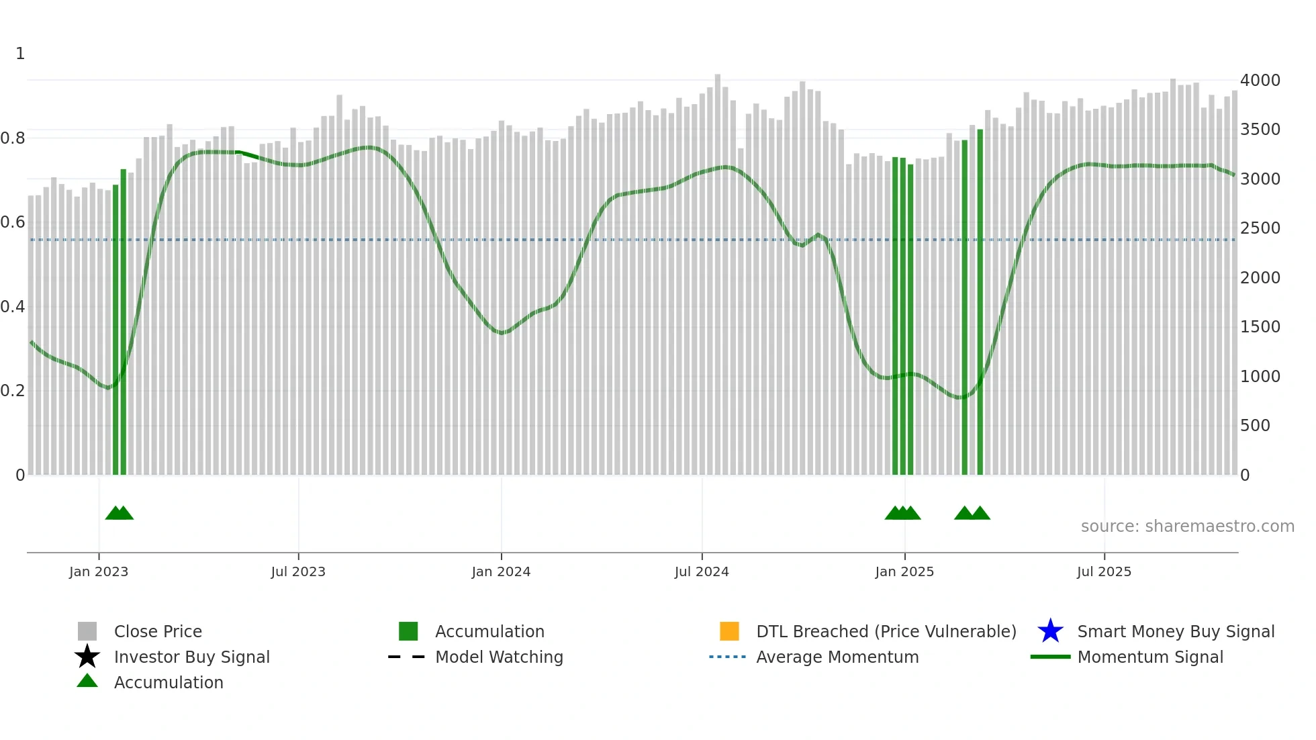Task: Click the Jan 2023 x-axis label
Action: coord(99,571)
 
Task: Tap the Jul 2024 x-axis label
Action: coord(702,571)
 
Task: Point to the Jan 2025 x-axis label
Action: coord(904,571)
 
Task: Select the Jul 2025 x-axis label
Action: coord(1104,571)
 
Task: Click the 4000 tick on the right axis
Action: coord(1260,81)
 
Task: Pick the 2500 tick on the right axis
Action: coord(1260,228)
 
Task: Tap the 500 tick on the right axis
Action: coord(1255,426)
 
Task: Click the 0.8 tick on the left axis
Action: coord(13,138)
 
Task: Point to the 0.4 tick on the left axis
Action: coord(13,307)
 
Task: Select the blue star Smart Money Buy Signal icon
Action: coord(1050,631)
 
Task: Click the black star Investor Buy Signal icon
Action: coord(87,657)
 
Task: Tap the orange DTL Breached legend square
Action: coord(729,631)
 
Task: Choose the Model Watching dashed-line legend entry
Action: coord(407,657)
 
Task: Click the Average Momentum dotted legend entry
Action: coord(728,657)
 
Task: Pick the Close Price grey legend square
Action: coord(87,631)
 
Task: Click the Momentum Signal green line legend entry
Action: coord(1050,657)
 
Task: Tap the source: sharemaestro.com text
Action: coord(1187,526)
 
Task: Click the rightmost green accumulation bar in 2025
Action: coord(980,302)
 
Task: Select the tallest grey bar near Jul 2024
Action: coord(718,269)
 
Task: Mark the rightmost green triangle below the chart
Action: coord(980,514)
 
